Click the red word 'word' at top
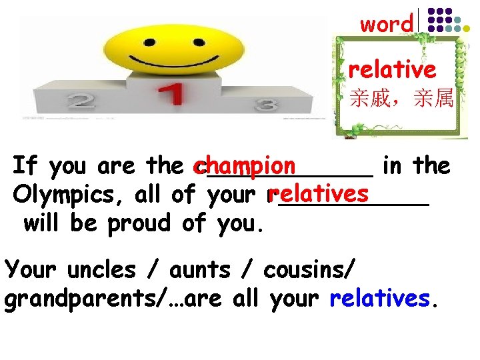(x=387, y=24)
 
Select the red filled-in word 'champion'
(x=244, y=164)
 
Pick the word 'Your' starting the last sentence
(x=33, y=270)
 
